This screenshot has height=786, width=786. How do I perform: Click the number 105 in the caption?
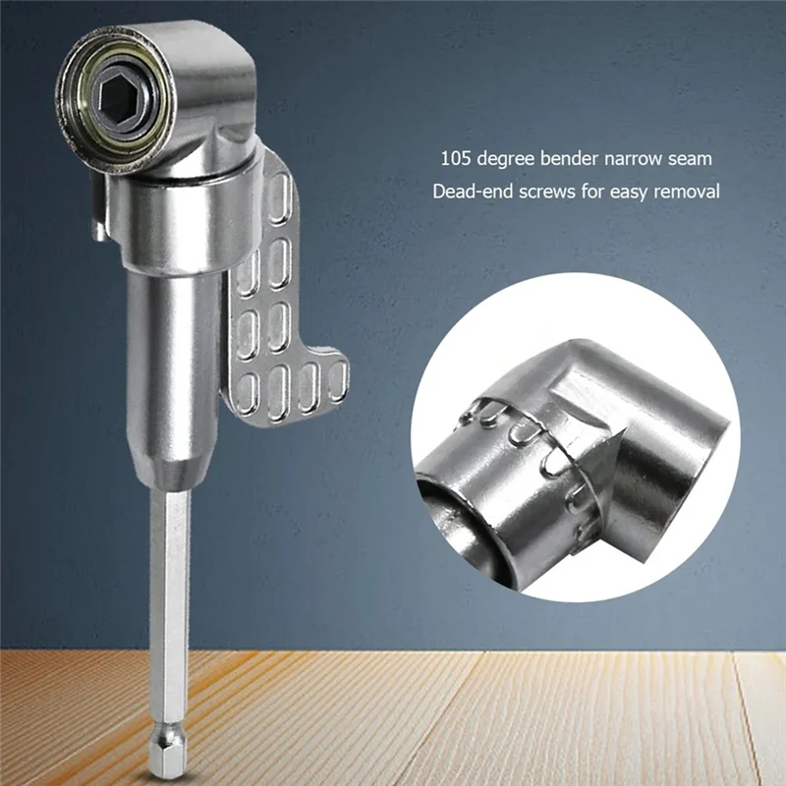pos(454,157)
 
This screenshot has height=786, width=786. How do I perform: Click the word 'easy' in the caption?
pos(635,190)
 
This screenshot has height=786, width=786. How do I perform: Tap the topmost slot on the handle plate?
pos(281,187)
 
